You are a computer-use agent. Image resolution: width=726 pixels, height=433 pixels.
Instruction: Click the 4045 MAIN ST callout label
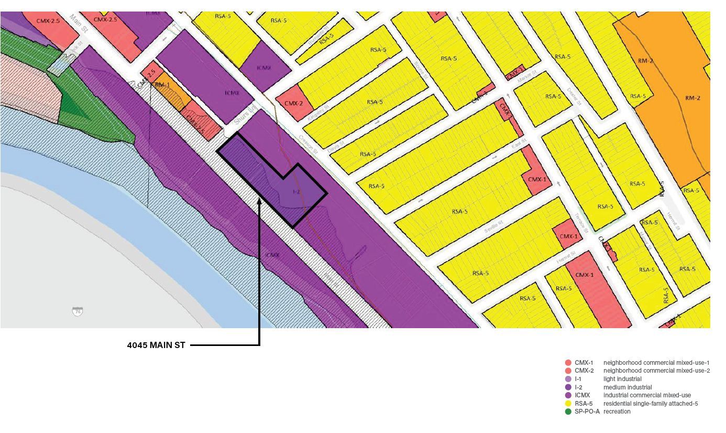point(156,345)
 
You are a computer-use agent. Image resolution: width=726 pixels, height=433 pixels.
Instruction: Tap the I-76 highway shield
point(78,311)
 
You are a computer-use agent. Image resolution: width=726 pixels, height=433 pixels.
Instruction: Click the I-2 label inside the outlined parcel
point(296,192)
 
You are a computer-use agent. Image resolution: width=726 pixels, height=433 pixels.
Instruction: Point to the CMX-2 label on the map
point(294,103)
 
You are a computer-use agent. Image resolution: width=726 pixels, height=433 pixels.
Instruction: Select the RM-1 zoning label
point(160,85)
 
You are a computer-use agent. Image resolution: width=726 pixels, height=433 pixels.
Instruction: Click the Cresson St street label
point(309,143)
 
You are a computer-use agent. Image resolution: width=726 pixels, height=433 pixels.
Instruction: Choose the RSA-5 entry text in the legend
point(584,404)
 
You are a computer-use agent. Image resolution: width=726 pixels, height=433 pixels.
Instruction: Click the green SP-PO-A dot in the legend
point(568,412)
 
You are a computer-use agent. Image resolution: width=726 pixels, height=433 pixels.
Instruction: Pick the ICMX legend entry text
point(582,395)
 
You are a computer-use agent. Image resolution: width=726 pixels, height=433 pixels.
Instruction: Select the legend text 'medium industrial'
point(628,387)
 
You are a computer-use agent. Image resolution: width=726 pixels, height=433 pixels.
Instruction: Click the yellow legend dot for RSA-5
point(568,404)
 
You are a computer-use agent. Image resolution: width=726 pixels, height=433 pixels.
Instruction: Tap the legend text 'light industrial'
point(622,379)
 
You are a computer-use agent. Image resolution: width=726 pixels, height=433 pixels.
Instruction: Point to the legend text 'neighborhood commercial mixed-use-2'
point(656,371)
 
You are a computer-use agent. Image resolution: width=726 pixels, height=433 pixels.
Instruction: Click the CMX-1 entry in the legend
point(584,363)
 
